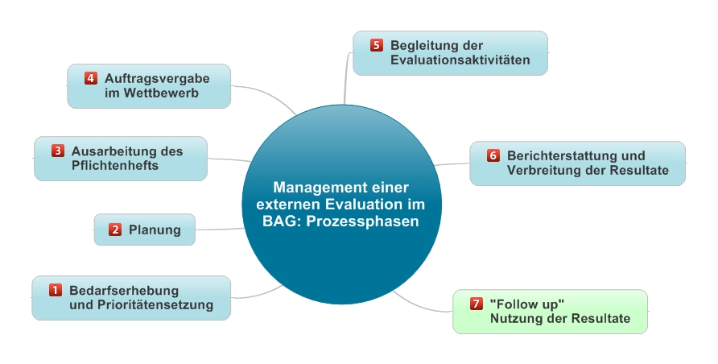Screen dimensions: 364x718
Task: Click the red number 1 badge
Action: click(x=56, y=289)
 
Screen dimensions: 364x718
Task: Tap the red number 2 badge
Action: click(x=114, y=230)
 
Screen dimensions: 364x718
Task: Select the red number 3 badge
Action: click(x=58, y=151)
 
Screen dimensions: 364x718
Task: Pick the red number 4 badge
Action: click(x=91, y=78)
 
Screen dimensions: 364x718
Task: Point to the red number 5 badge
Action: click(x=377, y=45)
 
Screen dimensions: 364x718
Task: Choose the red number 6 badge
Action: click(x=493, y=155)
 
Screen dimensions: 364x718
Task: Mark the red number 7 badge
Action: click(x=476, y=304)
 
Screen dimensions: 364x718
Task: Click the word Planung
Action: click(x=155, y=230)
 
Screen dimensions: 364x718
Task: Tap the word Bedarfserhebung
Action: click(x=124, y=290)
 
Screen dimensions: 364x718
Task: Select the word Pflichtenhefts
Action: click(x=114, y=166)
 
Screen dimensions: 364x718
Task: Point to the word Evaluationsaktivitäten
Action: click(x=460, y=60)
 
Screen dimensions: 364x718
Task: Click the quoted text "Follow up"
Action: click(x=526, y=304)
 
